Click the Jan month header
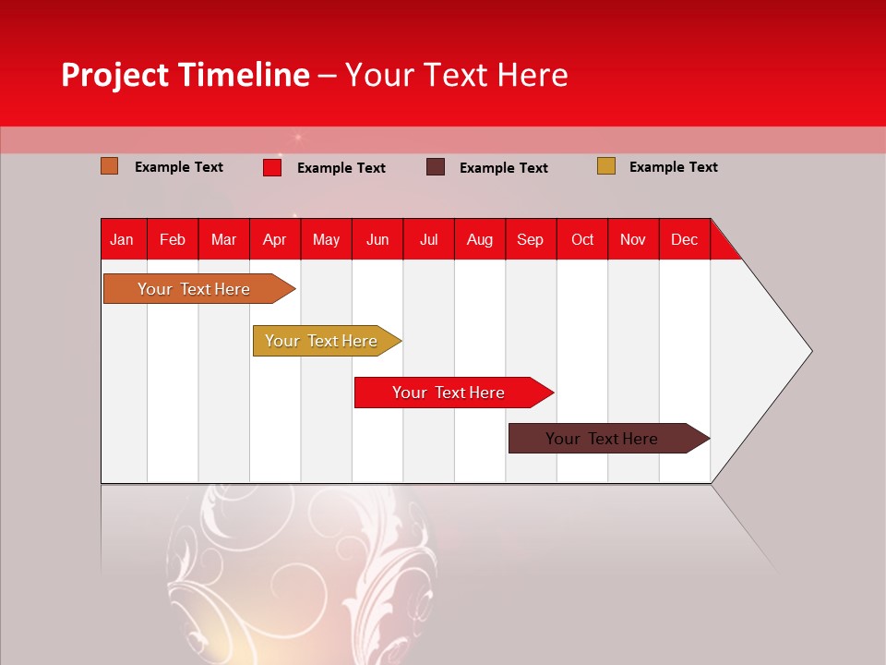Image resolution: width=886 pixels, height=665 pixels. [122, 239]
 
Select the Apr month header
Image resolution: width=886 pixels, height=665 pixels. [274, 239]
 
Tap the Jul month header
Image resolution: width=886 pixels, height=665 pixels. [428, 239]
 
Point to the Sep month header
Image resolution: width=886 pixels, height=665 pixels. [530, 239]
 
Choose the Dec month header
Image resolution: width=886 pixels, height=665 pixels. [684, 239]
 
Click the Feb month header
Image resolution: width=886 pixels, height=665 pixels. [173, 239]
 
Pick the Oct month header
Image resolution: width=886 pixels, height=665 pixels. [581, 239]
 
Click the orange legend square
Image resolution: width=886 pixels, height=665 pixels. [110, 166]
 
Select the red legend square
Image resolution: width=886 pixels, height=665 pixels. [272, 167]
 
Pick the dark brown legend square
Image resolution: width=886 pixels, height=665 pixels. [436, 167]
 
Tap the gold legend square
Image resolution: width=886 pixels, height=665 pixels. [606, 166]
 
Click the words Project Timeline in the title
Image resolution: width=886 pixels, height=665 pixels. [186, 75]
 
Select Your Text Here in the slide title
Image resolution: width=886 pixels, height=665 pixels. [457, 75]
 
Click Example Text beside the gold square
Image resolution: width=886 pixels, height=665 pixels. [673, 167]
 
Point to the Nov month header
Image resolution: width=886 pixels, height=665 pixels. [633, 239]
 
